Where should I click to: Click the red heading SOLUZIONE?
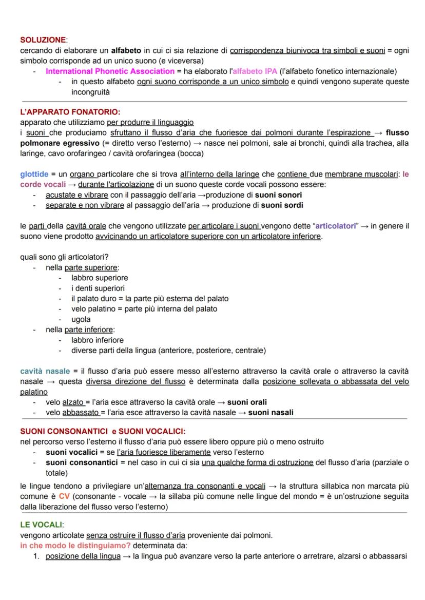43,40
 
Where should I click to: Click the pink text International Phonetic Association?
110,71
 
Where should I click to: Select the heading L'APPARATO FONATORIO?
70,111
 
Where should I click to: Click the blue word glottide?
34,175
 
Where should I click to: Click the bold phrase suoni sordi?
282,205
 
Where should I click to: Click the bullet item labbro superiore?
100,278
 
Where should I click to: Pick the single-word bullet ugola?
81,319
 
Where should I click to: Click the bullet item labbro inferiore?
97,340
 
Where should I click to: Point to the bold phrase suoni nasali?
271,412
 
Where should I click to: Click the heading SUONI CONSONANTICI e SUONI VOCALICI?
103,431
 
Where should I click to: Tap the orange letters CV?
64,496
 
